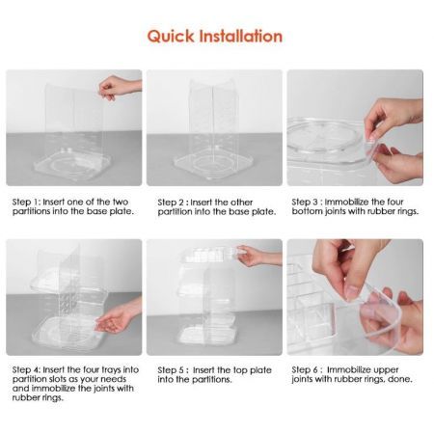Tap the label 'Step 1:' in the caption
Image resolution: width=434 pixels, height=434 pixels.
[27, 202]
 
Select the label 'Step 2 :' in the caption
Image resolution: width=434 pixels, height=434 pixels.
[169, 202]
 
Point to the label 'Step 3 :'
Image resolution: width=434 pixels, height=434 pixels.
[310, 202]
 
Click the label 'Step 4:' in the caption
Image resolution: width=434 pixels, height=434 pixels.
[27, 369]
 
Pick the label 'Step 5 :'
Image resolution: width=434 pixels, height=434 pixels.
[169, 369]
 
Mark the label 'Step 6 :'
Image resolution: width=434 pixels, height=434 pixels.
[310, 369]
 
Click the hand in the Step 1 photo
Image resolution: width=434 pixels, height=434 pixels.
[121, 87]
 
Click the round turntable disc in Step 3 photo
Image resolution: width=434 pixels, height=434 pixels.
[333, 135]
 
